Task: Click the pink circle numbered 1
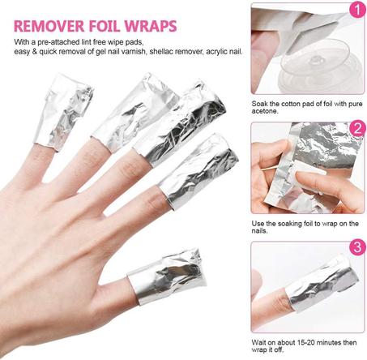tap(354, 13)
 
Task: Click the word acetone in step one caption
tap(266, 111)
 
